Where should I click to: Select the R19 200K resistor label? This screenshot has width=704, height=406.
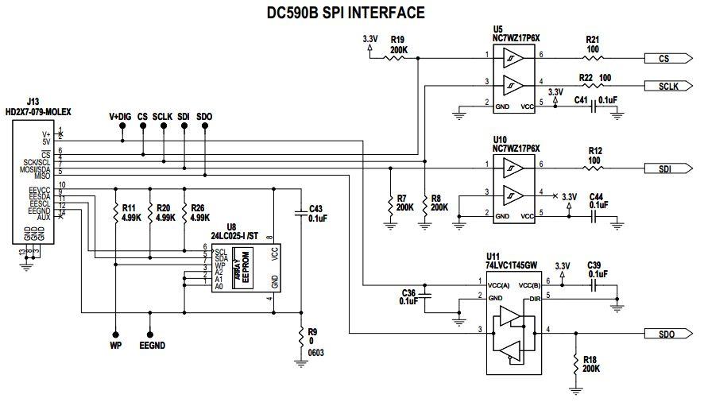click(398, 43)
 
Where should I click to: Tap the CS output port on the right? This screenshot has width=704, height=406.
click(664, 59)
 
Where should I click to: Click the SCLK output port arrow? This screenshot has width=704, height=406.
click(664, 86)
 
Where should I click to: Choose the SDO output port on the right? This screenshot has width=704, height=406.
click(664, 334)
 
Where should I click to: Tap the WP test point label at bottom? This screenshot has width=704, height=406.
click(116, 347)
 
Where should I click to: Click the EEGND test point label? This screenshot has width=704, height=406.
click(150, 347)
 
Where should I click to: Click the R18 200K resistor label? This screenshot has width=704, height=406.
click(590, 364)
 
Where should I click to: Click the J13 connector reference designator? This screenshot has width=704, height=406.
click(33, 102)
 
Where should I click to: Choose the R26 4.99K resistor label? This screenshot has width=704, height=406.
click(198, 212)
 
